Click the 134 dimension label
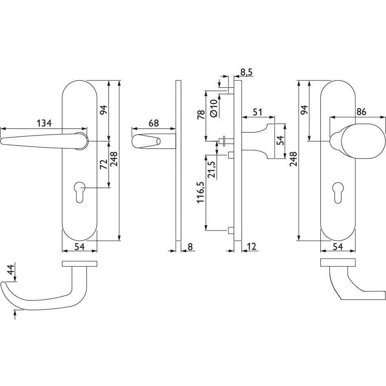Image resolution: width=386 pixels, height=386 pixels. [x=44, y=123]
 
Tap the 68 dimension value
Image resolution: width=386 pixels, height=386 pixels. [x=153, y=123]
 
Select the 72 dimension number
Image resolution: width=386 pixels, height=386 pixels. [x=104, y=164]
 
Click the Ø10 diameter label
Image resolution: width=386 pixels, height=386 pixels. [x=214, y=108]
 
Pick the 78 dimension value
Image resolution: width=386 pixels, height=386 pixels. [x=201, y=115]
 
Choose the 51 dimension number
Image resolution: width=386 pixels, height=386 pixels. [x=257, y=112]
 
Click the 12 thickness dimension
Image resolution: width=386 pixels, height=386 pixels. [x=251, y=246]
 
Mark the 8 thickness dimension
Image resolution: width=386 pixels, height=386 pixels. [x=190, y=246]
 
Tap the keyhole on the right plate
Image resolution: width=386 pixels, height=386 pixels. [x=338, y=189]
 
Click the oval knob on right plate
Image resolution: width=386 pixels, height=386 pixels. [x=363, y=141]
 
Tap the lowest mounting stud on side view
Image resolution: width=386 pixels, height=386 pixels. [x=231, y=231]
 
